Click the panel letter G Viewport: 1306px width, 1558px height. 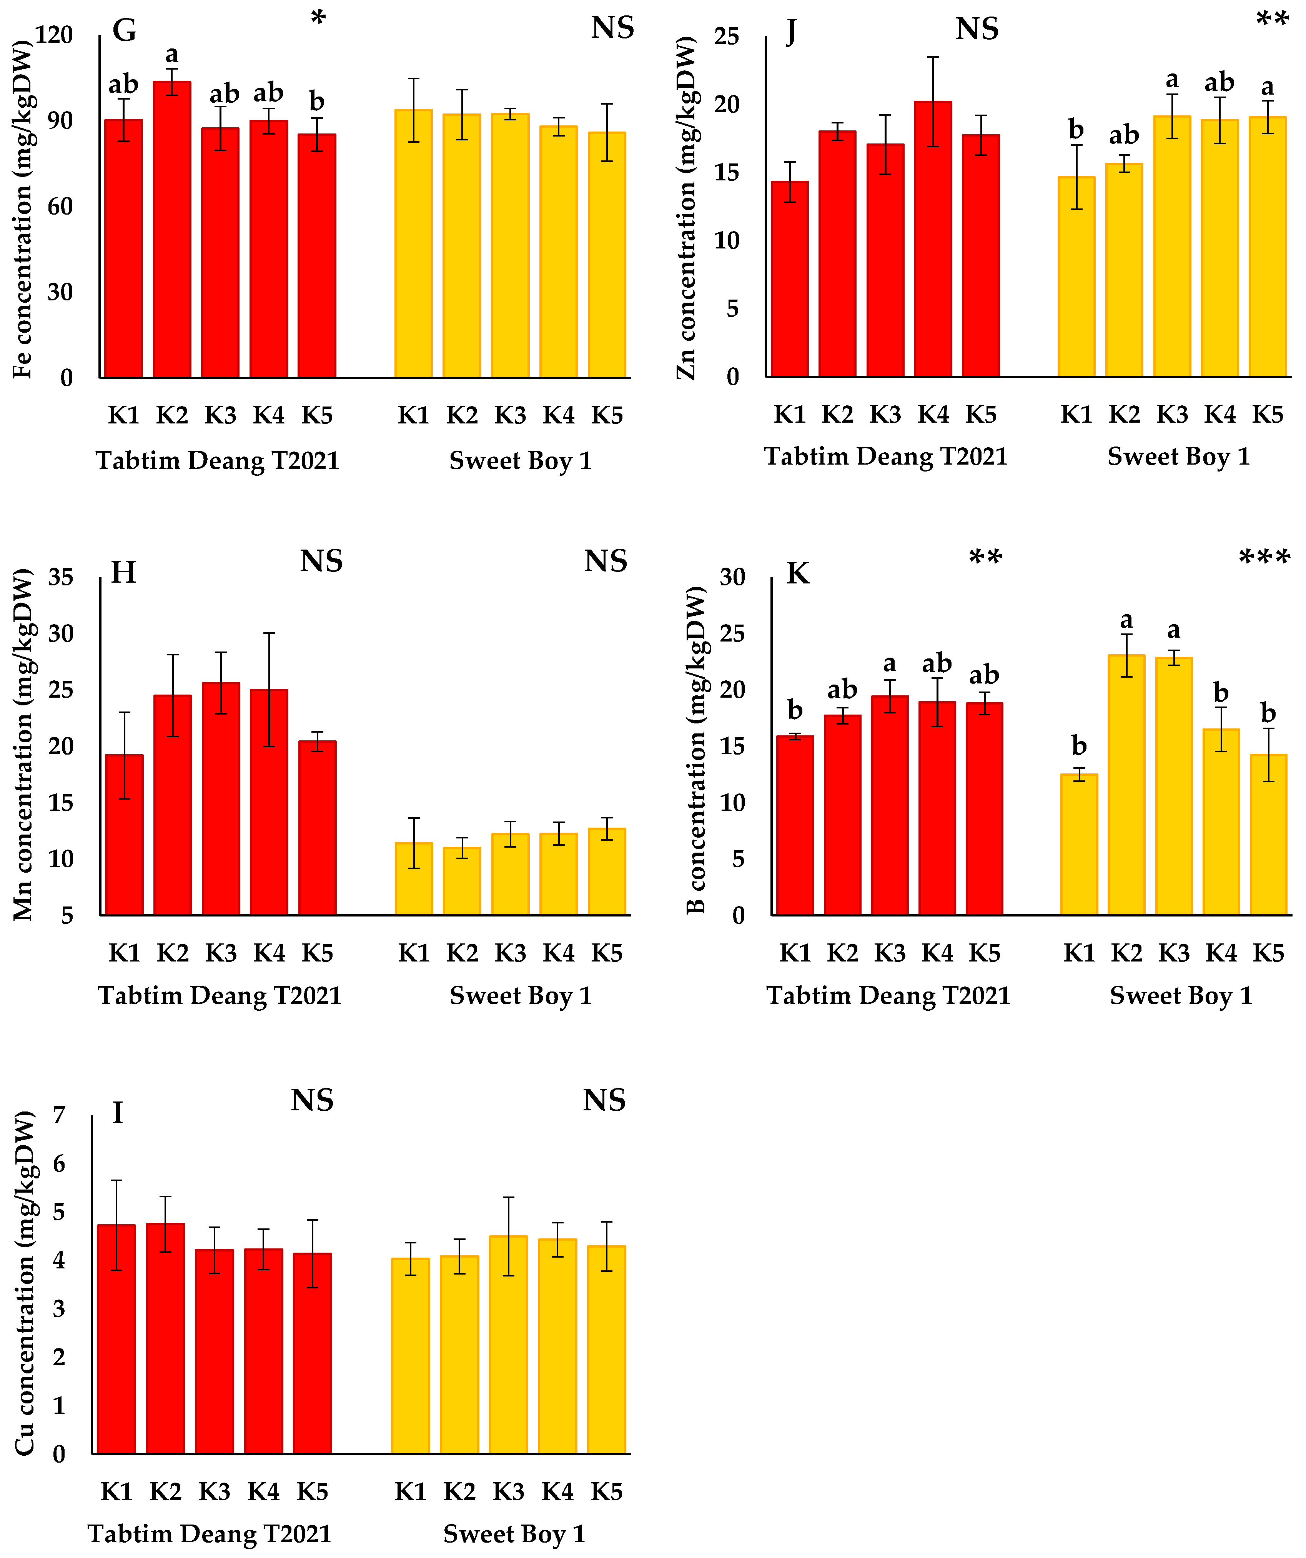(124, 30)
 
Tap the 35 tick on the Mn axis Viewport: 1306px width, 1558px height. (61, 577)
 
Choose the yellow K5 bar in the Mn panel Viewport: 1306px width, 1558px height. (607, 872)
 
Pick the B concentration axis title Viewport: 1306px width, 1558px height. (695, 749)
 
